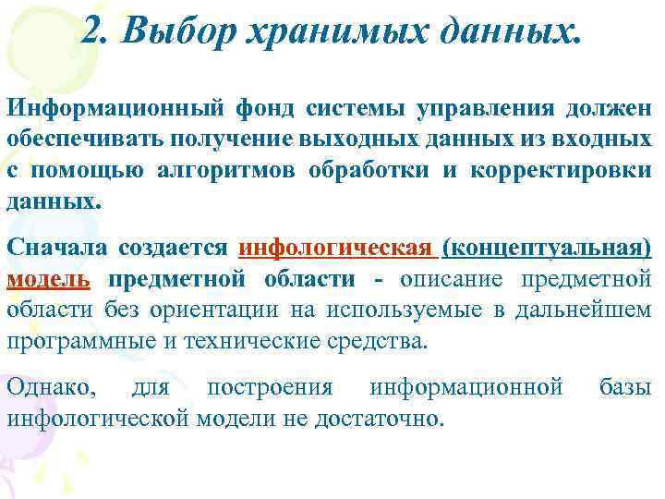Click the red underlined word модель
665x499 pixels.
[x=48, y=279]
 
